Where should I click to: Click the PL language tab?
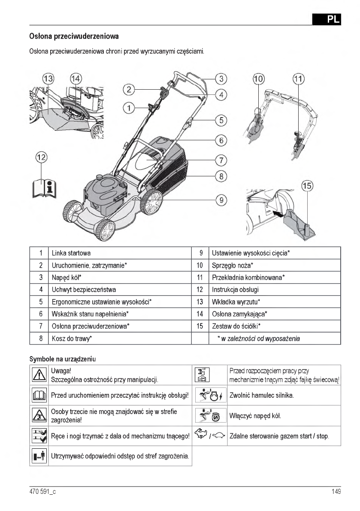point(327,19)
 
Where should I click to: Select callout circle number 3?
point(221,79)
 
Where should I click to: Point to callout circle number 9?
point(221,200)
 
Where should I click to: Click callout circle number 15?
point(307,186)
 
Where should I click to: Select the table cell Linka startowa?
point(71,253)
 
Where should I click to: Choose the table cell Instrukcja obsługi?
point(235,290)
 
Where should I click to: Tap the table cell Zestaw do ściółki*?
point(236,326)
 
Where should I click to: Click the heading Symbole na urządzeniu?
point(62,358)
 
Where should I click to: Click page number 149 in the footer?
point(336,492)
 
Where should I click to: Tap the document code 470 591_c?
point(42,492)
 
